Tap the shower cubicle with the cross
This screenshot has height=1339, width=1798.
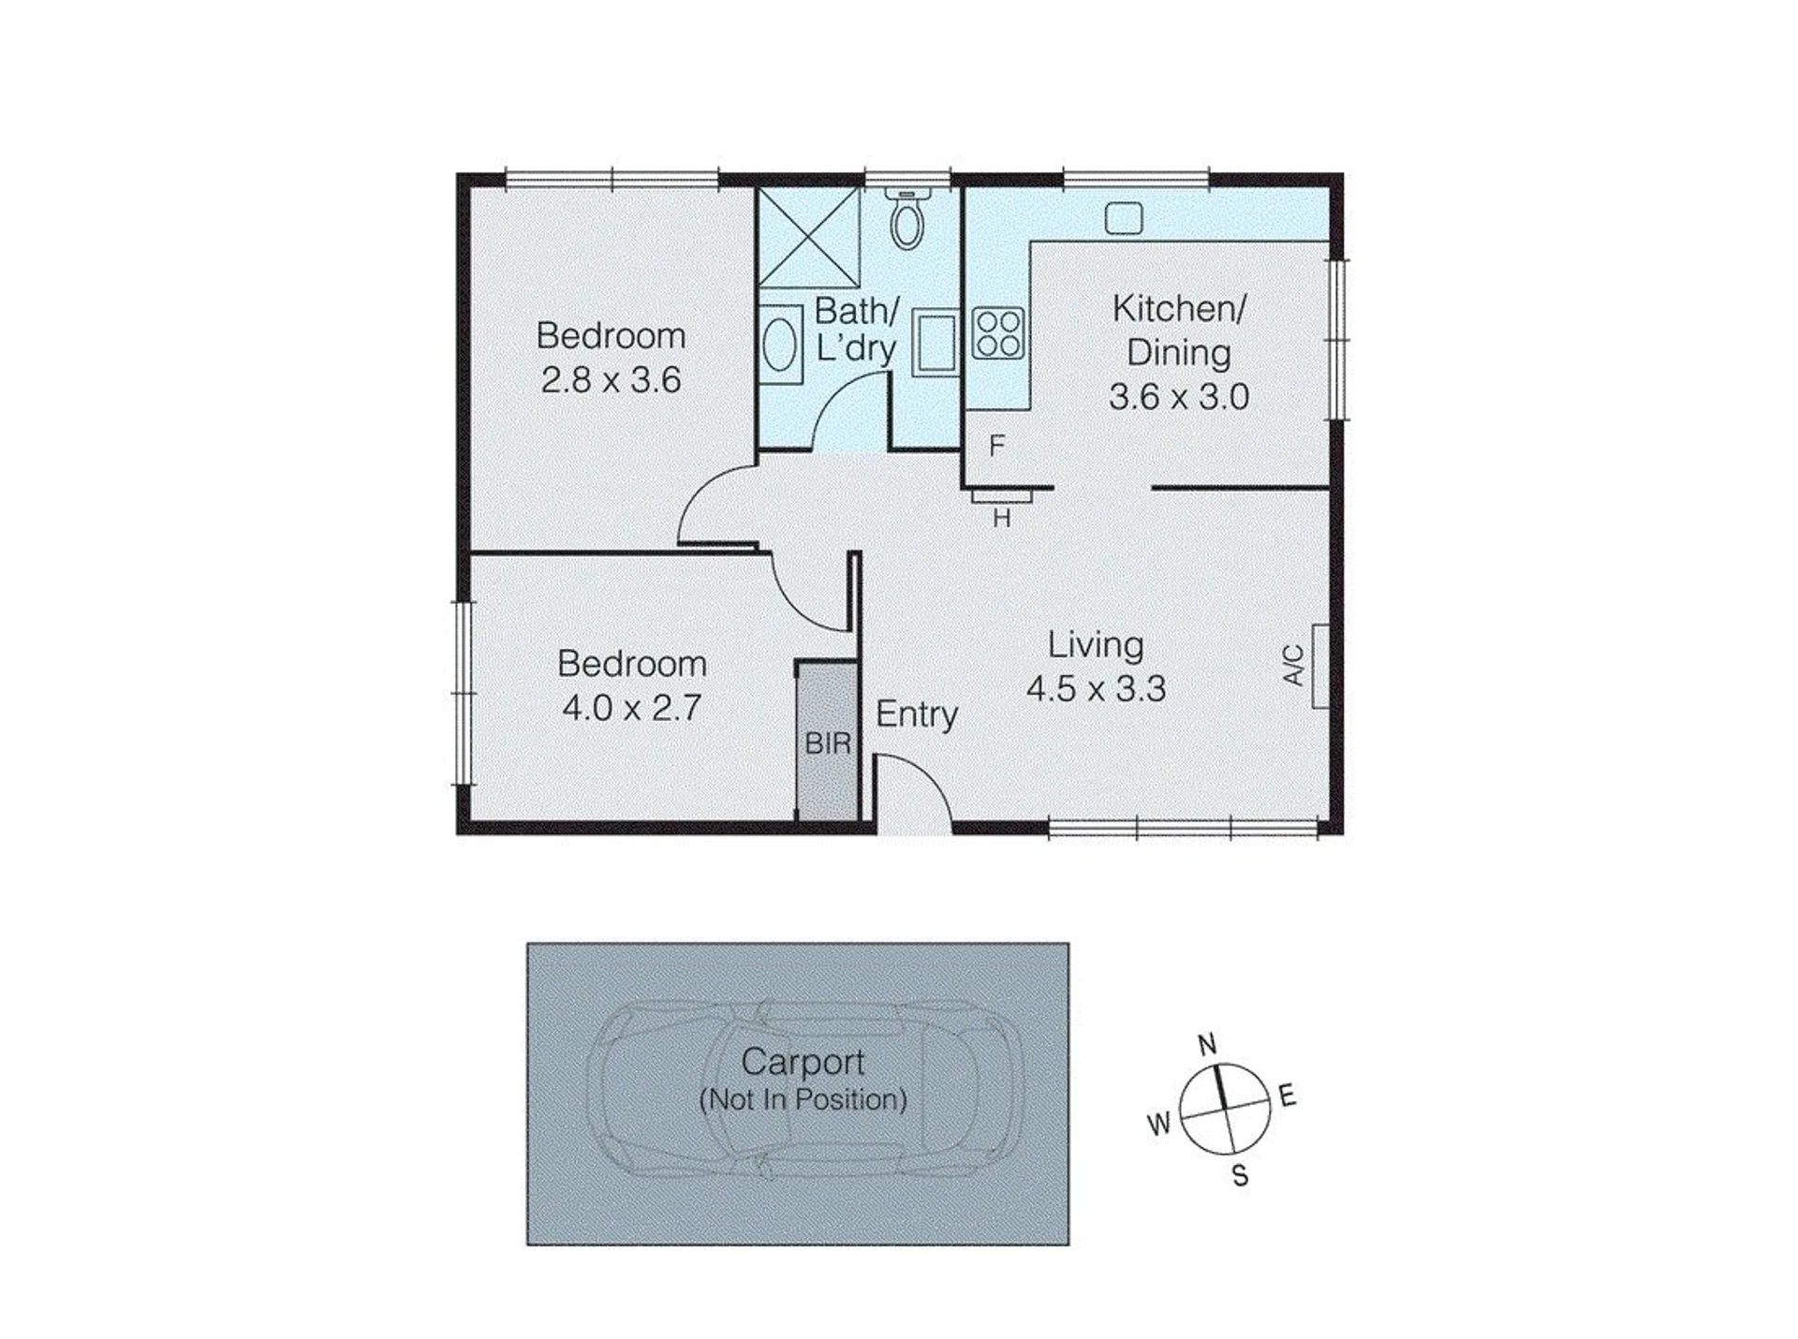(809, 237)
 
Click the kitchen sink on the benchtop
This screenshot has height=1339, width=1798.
(1123, 218)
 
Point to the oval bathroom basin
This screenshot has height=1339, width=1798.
(780, 344)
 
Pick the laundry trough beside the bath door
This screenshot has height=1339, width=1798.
(936, 342)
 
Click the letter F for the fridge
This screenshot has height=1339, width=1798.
(996, 446)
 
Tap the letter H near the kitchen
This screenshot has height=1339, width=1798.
(1002, 518)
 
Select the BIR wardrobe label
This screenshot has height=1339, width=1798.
(828, 743)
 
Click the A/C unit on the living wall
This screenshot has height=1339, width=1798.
(1320, 666)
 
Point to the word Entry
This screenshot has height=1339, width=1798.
(917, 714)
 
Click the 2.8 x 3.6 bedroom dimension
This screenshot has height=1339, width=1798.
(611, 380)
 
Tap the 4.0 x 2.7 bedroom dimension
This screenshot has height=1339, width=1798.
(632, 708)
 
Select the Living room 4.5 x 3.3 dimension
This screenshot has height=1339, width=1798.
(1096, 689)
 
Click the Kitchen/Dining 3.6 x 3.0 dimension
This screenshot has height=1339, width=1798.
(1179, 397)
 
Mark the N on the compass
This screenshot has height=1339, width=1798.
(1207, 1044)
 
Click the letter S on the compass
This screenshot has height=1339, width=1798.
(1240, 1175)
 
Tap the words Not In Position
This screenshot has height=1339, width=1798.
(803, 1099)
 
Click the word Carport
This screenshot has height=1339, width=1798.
(803, 1062)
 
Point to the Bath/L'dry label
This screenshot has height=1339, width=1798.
(856, 329)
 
